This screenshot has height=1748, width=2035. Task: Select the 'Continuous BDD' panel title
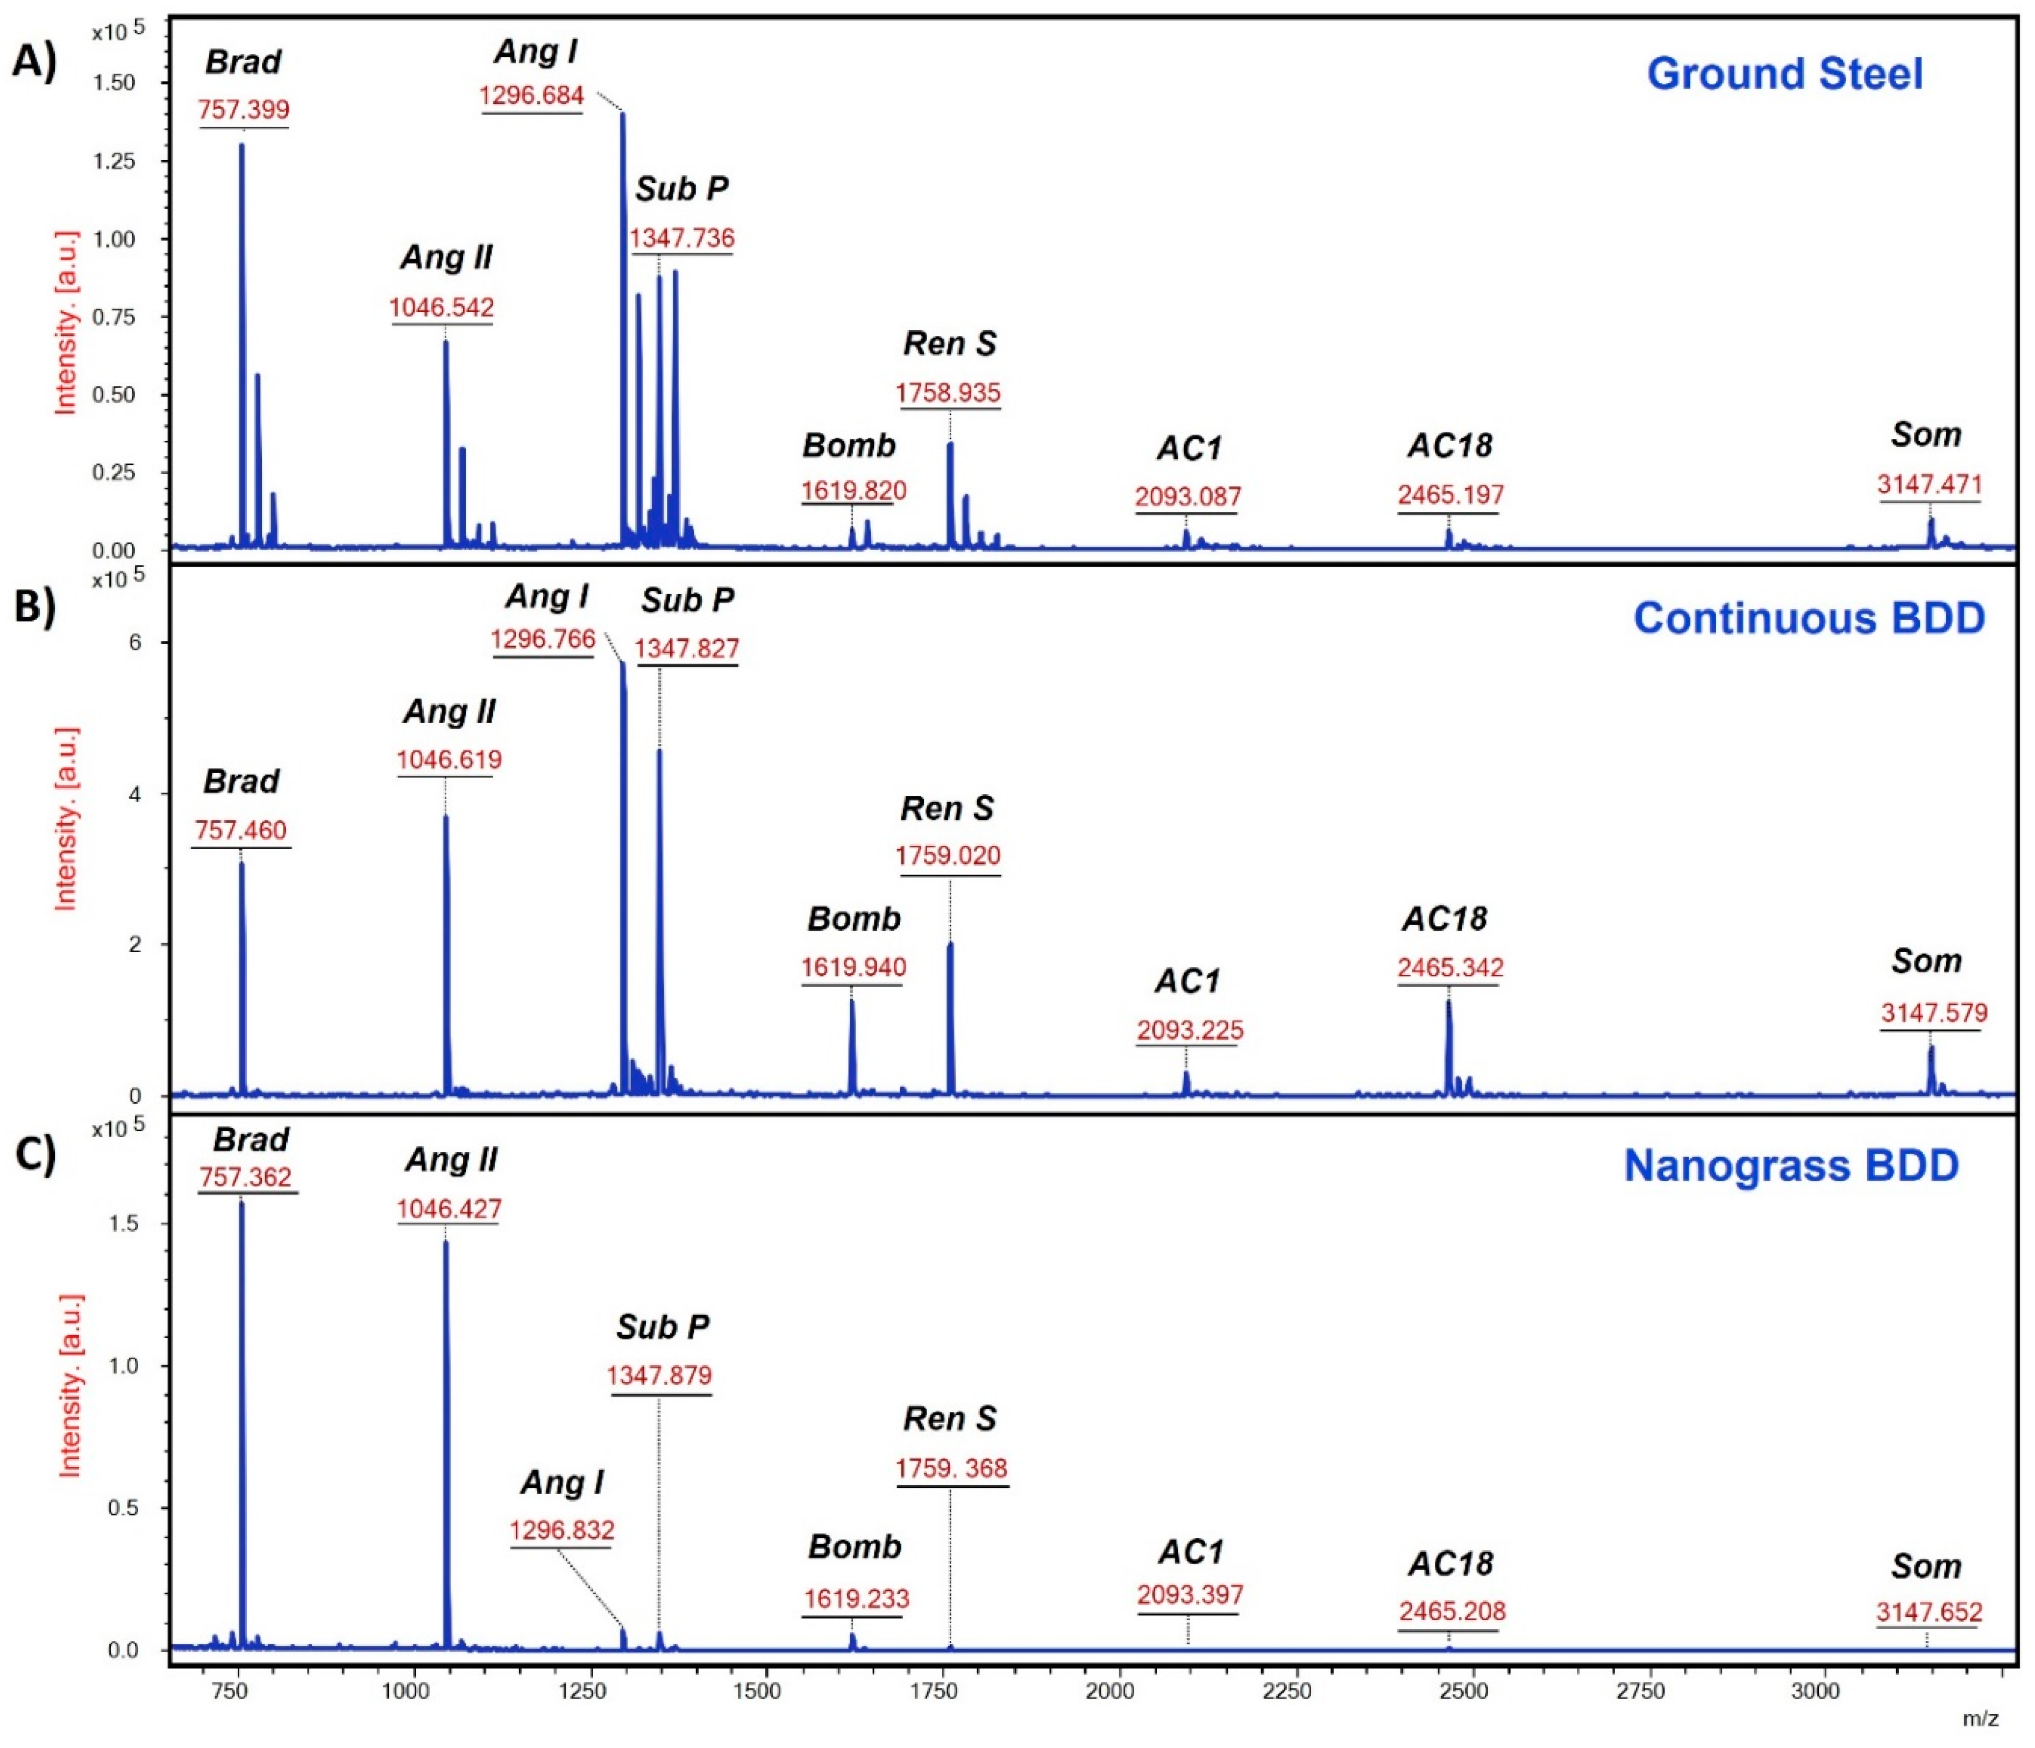[1808, 619]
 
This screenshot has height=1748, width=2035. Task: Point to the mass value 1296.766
[543, 639]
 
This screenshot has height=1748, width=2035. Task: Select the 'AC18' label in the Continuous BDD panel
[1444, 919]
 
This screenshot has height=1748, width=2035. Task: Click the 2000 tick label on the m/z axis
[1110, 1691]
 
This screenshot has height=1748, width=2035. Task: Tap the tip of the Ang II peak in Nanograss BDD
[446, 1243]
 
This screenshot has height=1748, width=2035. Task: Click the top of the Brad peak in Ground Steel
[241, 145]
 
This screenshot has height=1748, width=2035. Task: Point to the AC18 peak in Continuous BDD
[1448, 1004]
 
